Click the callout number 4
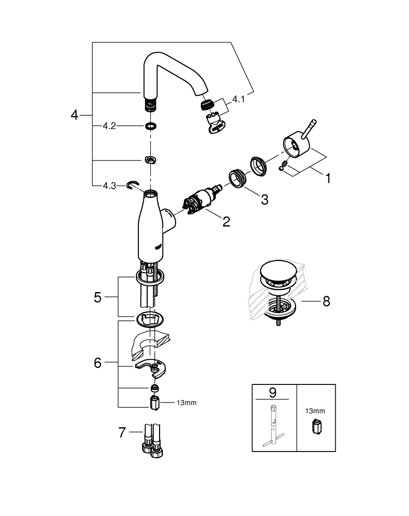pyautogui.click(x=75, y=115)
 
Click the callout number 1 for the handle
pyautogui.click(x=326, y=179)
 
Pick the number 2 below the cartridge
pyautogui.click(x=226, y=222)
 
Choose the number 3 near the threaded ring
pyautogui.click(x=264, y=200)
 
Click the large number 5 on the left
pyautogui.click(x=98, y=297)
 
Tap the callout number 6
pyautogui.click(x=98, y=363)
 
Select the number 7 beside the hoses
pyautogui.click(x=122, y=432)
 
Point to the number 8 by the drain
pyautogui.click(x=325, y=301)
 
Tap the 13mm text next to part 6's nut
pyautogui.click(x=186, y=403)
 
